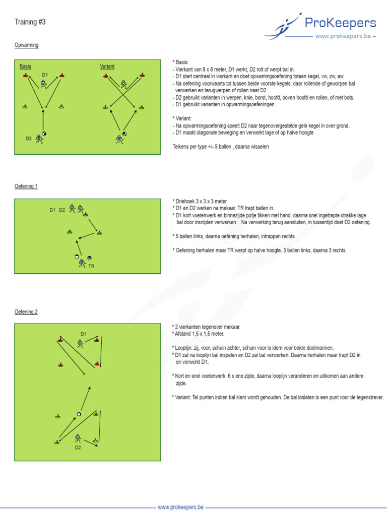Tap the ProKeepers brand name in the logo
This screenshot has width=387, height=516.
[x=340, y=23]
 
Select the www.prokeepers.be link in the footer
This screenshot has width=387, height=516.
[x=180, y=507]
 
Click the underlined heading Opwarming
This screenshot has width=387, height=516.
[x=26, y=45]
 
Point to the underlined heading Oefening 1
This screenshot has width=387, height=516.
[x=26, y=186]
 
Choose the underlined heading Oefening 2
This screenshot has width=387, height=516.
[x=26, y=312]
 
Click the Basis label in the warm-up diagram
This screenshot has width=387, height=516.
[x=25, y=67]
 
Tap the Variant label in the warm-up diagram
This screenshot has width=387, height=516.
[x=107, y=67]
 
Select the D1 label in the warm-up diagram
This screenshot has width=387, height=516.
[x=45, y=75]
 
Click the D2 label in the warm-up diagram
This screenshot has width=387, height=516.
[x=29, y=138]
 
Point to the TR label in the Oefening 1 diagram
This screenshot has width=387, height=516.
[x=91, y=266]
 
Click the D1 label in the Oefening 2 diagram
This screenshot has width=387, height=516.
[x=84, y=334]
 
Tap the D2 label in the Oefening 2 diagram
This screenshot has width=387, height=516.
[x=78, y=447]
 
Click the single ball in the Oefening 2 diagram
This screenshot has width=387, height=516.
[x=79, y=414]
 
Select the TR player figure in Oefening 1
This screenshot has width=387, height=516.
[x=82, y=263]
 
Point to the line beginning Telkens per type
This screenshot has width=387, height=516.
[x=221, y=147]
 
